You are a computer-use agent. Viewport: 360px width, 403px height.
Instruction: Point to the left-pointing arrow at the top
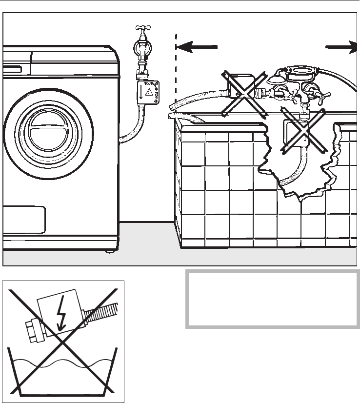pos(196,47)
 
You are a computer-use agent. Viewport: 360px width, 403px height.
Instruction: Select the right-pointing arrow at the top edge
pos(341,47)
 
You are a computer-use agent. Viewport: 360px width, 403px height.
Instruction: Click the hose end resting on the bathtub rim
pos(173,116)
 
